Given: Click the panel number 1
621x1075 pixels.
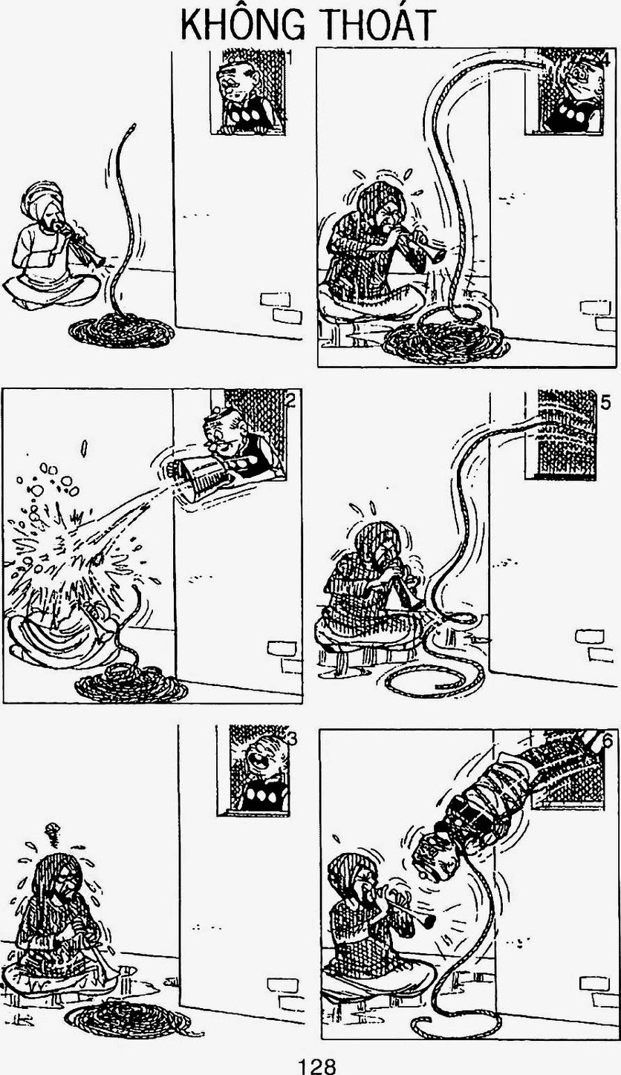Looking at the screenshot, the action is [x=289, y=57].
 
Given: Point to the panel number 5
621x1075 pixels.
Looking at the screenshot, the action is [x=605, y=403].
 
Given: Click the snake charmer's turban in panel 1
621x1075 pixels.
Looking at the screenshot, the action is [x=42, y=199].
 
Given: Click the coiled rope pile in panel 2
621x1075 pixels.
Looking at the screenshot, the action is [x=131, y=684].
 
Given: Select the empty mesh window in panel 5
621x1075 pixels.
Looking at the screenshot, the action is [x=563, y=434].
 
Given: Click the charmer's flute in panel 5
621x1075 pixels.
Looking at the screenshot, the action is [x=403, y=587].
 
